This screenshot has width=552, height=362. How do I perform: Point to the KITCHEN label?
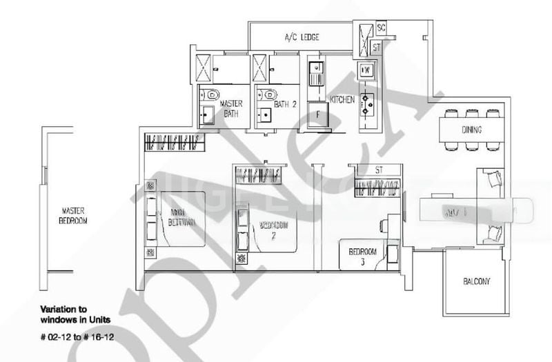coord(342,100)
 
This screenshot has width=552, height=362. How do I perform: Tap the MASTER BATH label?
coord(230,108)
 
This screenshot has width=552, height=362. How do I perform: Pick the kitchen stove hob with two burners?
coord(366,103)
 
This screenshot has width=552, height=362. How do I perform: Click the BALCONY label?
coord(477,282)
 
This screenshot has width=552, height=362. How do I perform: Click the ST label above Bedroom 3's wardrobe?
coord(377,168)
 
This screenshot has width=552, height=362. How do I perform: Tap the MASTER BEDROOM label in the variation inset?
coord(72,215)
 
